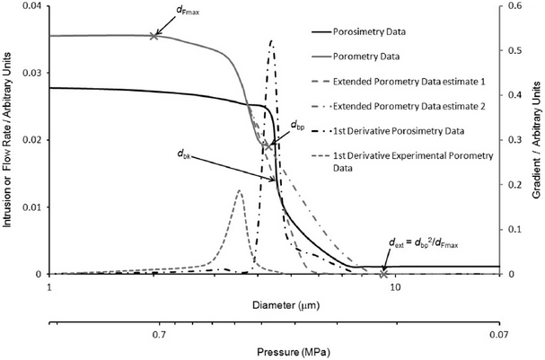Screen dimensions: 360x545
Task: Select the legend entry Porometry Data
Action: pos(378,56)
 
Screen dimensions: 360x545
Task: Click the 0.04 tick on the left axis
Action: pos(32,6)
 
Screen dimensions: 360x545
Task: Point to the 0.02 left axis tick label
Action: pos(32,140)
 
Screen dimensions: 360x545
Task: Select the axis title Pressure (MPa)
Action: pos(273,351)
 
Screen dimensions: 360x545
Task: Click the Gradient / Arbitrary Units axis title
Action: pos(536,140)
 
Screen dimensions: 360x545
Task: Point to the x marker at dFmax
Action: pos(154,36)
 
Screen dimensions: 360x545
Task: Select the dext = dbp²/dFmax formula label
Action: pos(420,242)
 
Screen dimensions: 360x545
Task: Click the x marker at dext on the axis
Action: pos(383,274)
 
